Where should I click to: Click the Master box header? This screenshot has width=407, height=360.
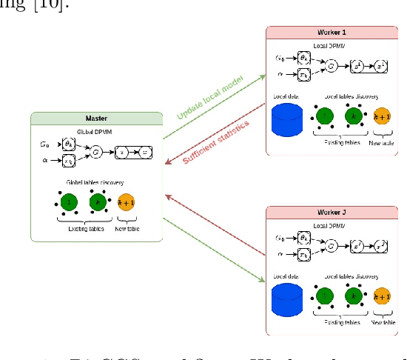pyautogui.click(x=96, y=119)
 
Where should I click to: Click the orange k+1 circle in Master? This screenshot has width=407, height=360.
pyautogui.click(x=127, y=202)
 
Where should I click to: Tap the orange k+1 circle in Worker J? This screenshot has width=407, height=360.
pyautogui.click(x=383, y=297)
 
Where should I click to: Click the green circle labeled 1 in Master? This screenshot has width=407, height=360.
pyautogui.click(x=69, y=201)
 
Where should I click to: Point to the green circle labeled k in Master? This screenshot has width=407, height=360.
pyautogui.click(x=98, y=201)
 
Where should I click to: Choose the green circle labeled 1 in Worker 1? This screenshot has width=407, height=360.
pyautogui.click(x=325, y=117)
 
